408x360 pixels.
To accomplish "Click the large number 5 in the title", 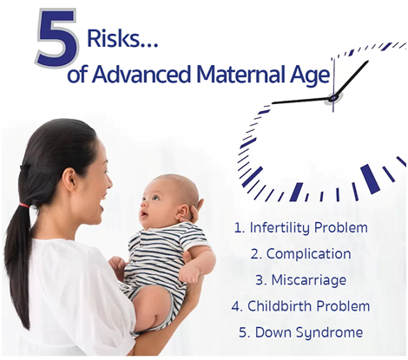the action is coord(57,38).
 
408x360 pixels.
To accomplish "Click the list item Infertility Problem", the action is coord(301,228).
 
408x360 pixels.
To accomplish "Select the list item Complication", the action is coord(301,254).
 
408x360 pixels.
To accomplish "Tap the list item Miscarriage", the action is coord(301,280).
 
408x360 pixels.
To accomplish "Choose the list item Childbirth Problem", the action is coord(301,306).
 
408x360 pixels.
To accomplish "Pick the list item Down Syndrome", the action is coord(301,332).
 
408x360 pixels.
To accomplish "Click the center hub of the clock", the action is coord(333,98).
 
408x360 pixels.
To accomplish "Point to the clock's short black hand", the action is coord(352,79).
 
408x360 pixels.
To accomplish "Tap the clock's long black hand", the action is coord(303,101).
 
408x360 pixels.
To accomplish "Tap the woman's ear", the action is coord(69,179).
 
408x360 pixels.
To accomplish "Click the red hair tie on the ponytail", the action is coord(24,206).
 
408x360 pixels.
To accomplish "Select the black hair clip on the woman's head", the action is coord(26,167).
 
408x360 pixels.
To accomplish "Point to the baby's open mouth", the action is coord(143,214).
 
